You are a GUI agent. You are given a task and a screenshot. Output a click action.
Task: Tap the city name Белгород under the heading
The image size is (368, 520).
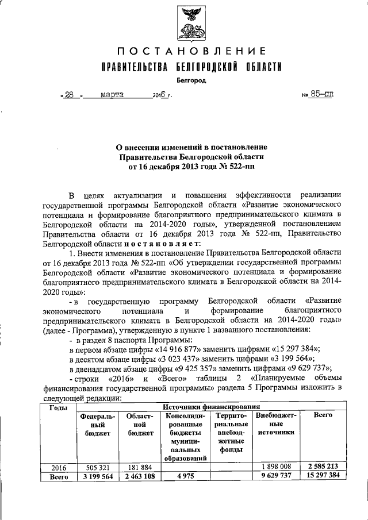(x=191, y=80)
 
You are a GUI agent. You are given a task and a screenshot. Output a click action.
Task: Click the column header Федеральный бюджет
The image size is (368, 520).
(x=98, y=423)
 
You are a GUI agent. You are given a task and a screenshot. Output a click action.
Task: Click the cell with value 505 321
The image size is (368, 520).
(x=98, y=467)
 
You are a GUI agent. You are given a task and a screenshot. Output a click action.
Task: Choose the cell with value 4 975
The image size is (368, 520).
(x=185, y=476)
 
